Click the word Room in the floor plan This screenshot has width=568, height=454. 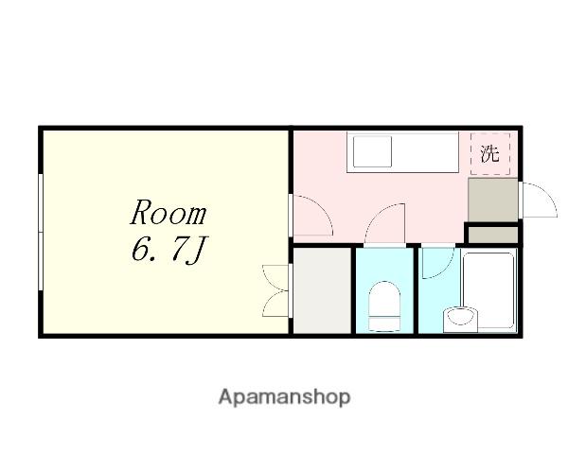pos(169,212)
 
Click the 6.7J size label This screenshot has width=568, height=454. pos(169,250)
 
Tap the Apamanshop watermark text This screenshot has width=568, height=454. pos(284,397)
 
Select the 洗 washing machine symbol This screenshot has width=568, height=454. pos(490,154)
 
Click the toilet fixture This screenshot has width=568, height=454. pos(384,306)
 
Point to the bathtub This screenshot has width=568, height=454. pos(488,290)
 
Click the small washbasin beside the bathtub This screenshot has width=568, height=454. pos(460,320)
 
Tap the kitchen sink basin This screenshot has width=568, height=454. pos(372,151)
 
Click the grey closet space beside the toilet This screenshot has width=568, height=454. pos(322,290)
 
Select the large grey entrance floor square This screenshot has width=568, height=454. pos(492,200)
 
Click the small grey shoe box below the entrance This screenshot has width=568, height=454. pos(492,235)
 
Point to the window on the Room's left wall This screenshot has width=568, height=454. pos(41,232)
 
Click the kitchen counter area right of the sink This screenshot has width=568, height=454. pos(425,151)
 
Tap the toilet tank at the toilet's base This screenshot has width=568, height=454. pos(384,324)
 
